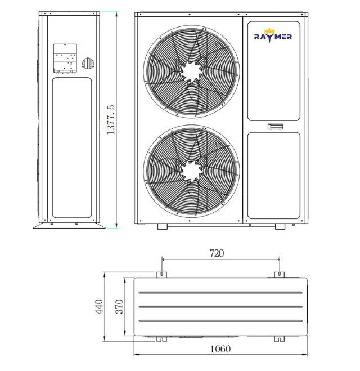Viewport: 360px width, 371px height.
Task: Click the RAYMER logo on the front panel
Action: pyautogui.click(x=273, y=35)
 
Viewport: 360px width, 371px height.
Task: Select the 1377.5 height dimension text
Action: pyautogui.click(x=111, y=120)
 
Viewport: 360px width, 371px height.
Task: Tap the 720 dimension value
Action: pyautogui.click(x=217, y=253)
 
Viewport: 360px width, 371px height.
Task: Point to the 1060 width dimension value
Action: pyautogui.click(x=220, y=349)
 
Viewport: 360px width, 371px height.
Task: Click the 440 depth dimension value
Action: pyautogui.click(x=99, y=307)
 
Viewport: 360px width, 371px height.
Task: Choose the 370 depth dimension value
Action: pyautogui.click(x=119, y=307)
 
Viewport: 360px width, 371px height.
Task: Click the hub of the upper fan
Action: pyautogui.click(x=191, y=71)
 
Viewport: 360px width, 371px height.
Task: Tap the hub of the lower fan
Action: pyautogui.click(x=191, y=171)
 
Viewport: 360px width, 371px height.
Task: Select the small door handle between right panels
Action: pyautogui.click(x=276, y=127)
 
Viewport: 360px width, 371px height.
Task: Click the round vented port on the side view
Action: pyautogui.click(x=88, y=63)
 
